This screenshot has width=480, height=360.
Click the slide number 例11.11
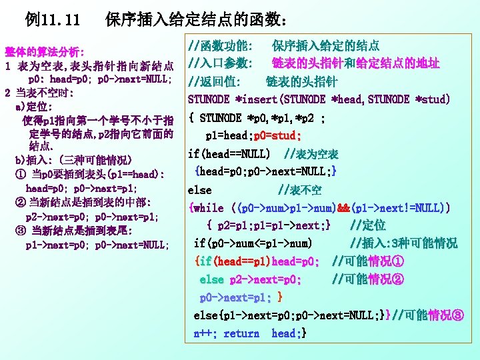53,21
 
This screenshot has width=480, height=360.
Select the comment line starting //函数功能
283,46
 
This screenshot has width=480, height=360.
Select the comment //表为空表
311,154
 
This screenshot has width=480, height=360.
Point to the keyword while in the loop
209,208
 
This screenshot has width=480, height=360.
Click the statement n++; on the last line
206,333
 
